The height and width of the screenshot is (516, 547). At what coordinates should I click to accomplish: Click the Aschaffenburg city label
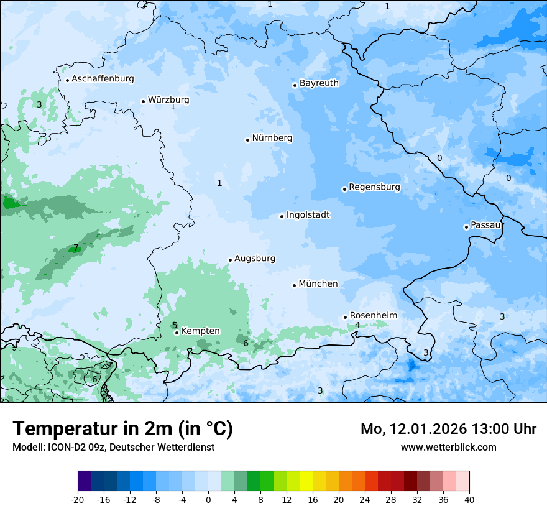point(103,79)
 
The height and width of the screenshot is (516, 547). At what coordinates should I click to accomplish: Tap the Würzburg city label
point(168,100)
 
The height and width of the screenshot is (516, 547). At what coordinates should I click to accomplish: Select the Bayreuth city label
point(319,83)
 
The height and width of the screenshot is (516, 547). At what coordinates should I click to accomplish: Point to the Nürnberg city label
point(272,138)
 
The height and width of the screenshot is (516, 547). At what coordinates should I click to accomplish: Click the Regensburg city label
point(374,187)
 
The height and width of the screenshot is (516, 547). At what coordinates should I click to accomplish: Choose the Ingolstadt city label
point(308,215)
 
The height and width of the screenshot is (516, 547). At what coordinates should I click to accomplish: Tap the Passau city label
point(485,225)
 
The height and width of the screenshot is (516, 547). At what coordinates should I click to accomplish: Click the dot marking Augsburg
point(230,260)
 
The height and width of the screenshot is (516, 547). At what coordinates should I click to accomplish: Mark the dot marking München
point(294,285)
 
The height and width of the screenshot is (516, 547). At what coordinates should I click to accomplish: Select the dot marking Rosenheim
point(345,317)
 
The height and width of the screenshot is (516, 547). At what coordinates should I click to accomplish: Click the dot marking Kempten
point(177,333)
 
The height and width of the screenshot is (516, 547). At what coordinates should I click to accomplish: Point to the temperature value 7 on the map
point(76,248)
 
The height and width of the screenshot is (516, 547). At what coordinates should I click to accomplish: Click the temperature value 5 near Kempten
point(175,325)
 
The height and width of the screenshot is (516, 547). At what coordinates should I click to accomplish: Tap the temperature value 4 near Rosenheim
point(357,325)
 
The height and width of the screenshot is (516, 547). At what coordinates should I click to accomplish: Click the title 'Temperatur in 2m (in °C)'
point(122,429)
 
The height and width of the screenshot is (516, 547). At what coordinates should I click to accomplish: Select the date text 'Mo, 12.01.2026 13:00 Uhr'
point(448,429)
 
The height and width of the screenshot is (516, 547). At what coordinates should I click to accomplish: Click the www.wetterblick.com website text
point(448,447)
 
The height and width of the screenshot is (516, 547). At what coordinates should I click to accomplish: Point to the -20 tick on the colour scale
point(78,499)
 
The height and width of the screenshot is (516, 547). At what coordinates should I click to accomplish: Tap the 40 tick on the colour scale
point(469,499)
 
